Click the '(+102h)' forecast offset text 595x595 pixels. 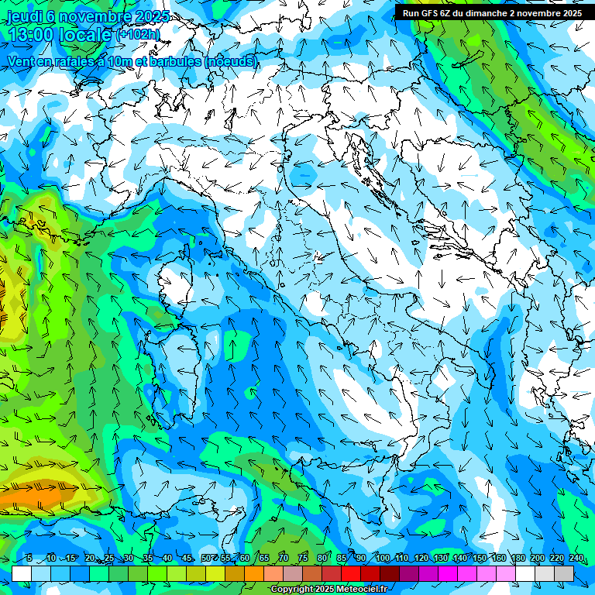point(138,35)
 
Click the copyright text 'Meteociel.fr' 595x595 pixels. point(360,590)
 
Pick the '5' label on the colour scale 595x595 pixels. point(29,558)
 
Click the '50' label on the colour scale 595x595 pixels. point(206,558)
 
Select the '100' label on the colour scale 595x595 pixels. point(383,558)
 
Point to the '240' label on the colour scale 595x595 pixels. point(576,558)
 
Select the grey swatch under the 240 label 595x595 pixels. point(564,573)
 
